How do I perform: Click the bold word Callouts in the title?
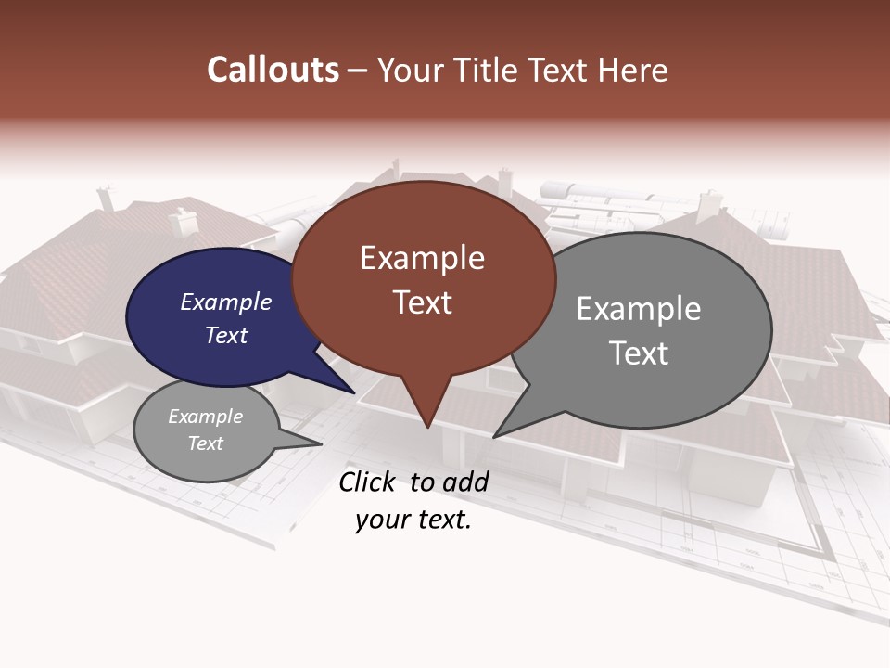pyautogui.click(x=273, y=70)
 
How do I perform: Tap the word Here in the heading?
pyautogui.click(x=632, y=71)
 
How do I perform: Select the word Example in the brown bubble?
pyautogui.click(x=422, y=258)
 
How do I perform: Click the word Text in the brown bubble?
pyautogui.click(x=422, y=302)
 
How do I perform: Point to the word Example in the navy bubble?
pyautogui.click(x=225, y=302)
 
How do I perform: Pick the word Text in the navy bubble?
pyautogui.click(x=225, y=335)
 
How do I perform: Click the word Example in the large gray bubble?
pyautogui.click(x=638, y=309)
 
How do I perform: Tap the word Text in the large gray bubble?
pyautogui.click(x=638, y=353)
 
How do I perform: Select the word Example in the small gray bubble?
pyautogui.click(x=205, y=417)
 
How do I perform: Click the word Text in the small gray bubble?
pyautogui.click(x=205, y=443)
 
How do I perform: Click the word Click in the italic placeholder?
pyautogui.click(x=368, y=482)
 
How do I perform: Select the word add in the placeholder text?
pyautogui.click(x=464, y=482)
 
